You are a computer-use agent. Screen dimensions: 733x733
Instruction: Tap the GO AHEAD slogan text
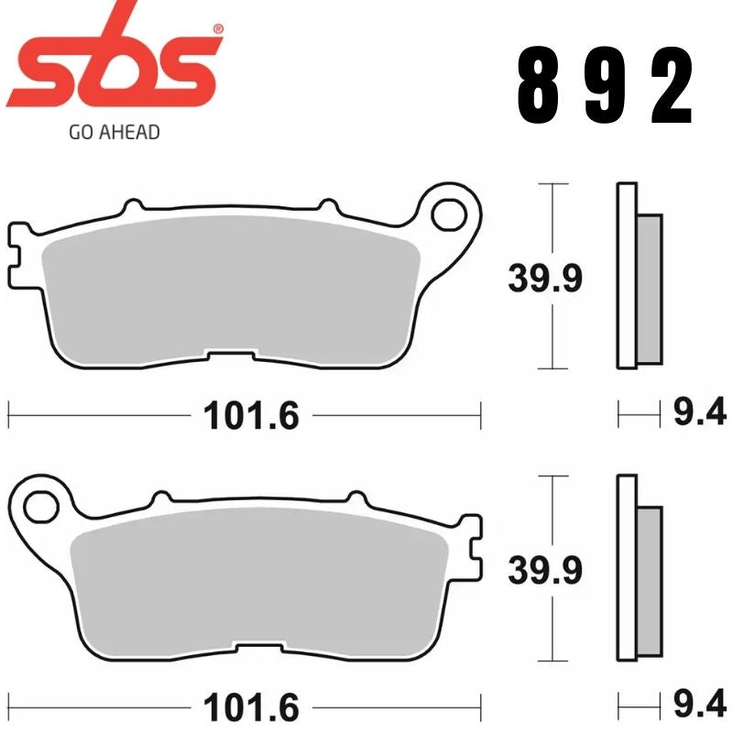point(115,133)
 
